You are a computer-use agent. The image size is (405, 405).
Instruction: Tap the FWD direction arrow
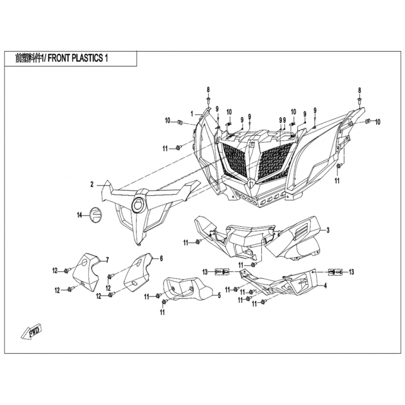click(31, 332)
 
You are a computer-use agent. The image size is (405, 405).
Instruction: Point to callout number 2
click(92, 185)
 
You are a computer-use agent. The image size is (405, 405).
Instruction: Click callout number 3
click(328, 230)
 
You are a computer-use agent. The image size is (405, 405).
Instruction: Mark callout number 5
click(219, 295)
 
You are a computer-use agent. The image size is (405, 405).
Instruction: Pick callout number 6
click(161, 259)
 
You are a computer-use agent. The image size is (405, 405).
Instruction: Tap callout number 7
click(107, 260)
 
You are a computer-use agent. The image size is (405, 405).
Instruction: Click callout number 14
click(79, 216)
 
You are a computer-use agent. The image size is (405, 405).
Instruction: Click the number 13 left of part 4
click(206, 272)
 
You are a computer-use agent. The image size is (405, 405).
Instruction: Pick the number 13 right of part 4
click(351, 272)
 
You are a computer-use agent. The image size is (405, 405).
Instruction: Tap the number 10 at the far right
click(377, 121)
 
